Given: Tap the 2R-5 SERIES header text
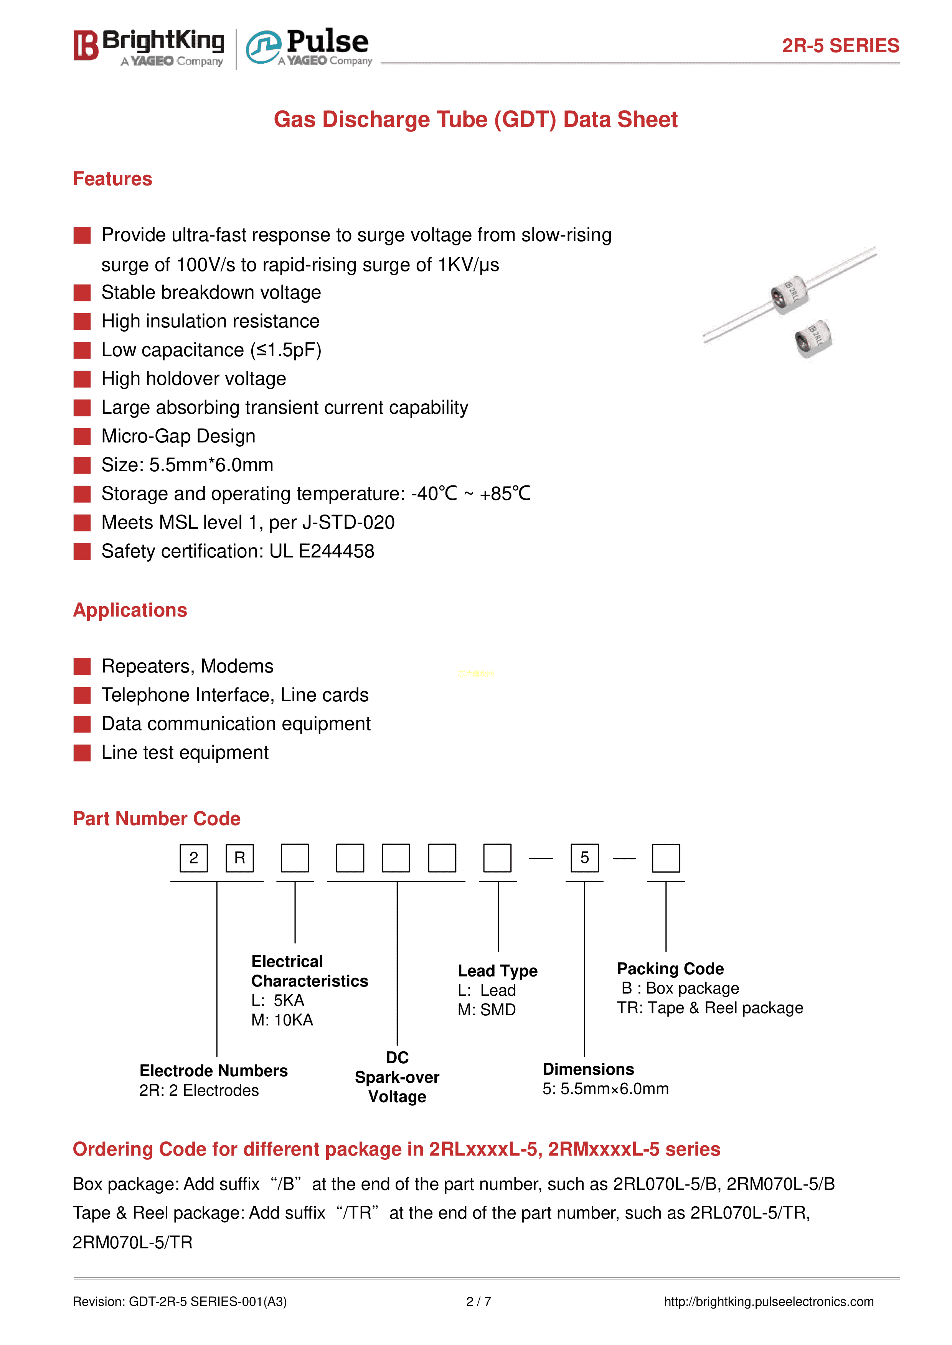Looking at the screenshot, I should click(x=840, y=46).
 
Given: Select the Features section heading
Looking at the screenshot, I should click(x=112, y=179).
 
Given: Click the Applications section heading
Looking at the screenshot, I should click(x=130, y=610).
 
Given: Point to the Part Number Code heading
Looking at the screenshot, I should click(x=157, y=818).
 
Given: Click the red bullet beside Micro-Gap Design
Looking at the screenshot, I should click(x=82, y=436).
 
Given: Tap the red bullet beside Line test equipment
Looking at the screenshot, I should click(x=82, y=753).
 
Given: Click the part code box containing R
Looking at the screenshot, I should click(x=240, y=858).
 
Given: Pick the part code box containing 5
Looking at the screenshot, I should click(x=584, y=858).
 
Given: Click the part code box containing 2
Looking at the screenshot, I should click(x=193, y=858).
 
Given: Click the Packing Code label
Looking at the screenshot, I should click(x=670, y=968).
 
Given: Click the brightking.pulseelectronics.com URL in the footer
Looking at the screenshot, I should click(x=769, y=1302).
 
